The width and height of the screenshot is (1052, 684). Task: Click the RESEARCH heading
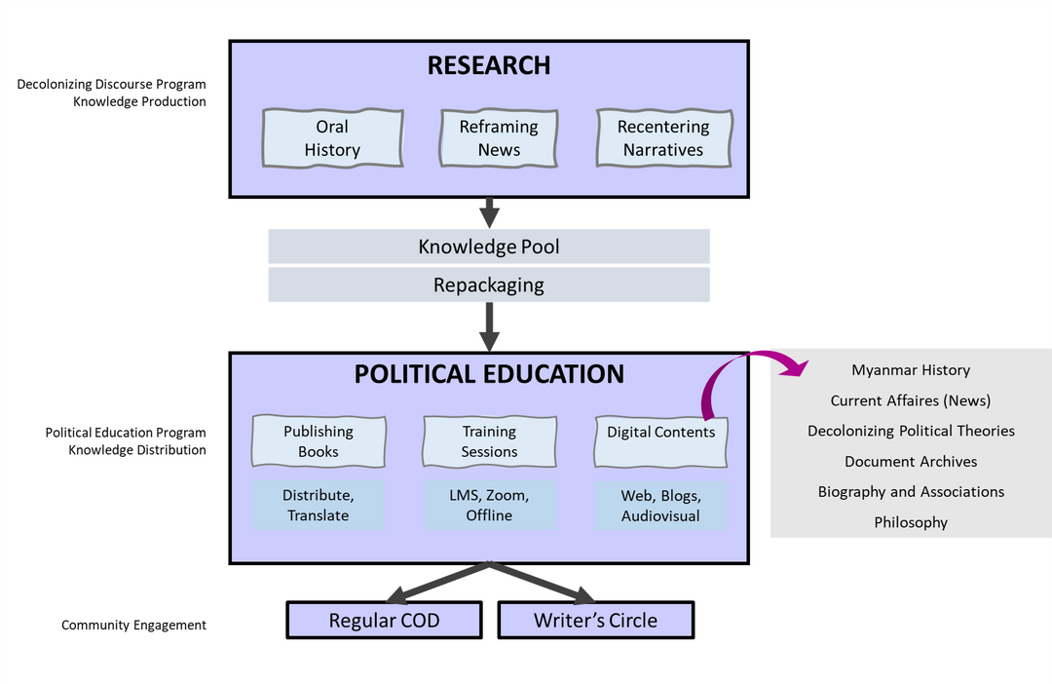489,65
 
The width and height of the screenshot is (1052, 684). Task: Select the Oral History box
332,138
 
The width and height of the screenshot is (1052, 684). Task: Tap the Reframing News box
499,138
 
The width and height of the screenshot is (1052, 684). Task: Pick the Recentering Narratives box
663,138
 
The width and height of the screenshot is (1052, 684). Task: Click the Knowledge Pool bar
489,247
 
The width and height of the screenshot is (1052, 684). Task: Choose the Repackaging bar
489,285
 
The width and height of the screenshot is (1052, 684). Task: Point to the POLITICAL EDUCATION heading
489,374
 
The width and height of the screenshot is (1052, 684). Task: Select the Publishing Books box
319,441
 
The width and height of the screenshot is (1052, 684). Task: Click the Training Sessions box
489,441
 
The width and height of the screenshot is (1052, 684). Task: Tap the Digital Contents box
660,441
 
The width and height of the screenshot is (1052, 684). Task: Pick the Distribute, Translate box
319,505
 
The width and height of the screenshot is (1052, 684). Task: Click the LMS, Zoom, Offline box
489,505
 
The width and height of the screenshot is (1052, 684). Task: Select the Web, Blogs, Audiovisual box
660,505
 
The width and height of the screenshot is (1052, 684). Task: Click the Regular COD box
384,621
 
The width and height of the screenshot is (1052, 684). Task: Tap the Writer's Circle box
595,621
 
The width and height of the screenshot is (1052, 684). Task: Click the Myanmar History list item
911,370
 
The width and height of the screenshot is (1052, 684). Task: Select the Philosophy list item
911,522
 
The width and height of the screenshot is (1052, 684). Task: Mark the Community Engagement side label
133,626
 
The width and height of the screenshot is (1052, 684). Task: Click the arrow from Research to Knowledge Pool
489,211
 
